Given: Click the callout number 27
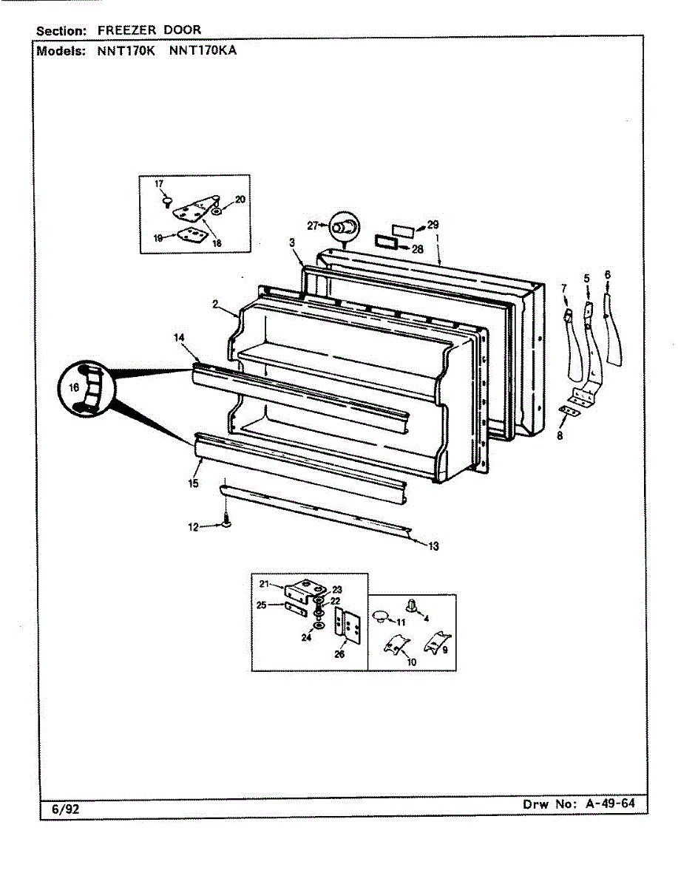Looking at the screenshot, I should (x=311, y=225).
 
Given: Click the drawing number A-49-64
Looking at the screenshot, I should (x=609, y=803).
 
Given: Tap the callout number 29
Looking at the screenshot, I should (x=433, y=224).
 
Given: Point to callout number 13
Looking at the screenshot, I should (x=433, y=546).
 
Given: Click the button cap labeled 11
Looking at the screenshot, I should (x=381, y=614).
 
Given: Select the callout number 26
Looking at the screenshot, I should (x=339, y=653).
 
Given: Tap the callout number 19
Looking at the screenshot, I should (x=158, y=238).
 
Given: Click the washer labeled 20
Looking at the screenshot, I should (x=215, y=211).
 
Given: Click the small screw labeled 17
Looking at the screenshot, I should (x=168, y=200).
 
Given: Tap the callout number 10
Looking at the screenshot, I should (x=411, y=662).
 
